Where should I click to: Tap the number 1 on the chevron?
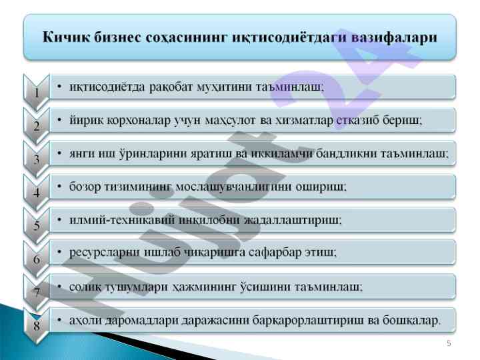tap(37, 93)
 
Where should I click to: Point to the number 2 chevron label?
tap(37, 126)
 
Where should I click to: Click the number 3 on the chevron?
tap(37, 159)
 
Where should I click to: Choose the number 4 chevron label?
tap(37, 193)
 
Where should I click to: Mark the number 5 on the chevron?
tap(37, 225)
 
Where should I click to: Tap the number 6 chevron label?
tap(37, 259)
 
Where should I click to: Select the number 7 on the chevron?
tap(37, 293)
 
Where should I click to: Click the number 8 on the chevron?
tap(37, 325)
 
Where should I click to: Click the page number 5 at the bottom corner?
tap(449, 343)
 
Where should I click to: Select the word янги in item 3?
tap(82, 154)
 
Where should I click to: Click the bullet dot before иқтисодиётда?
tap(59, 87)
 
